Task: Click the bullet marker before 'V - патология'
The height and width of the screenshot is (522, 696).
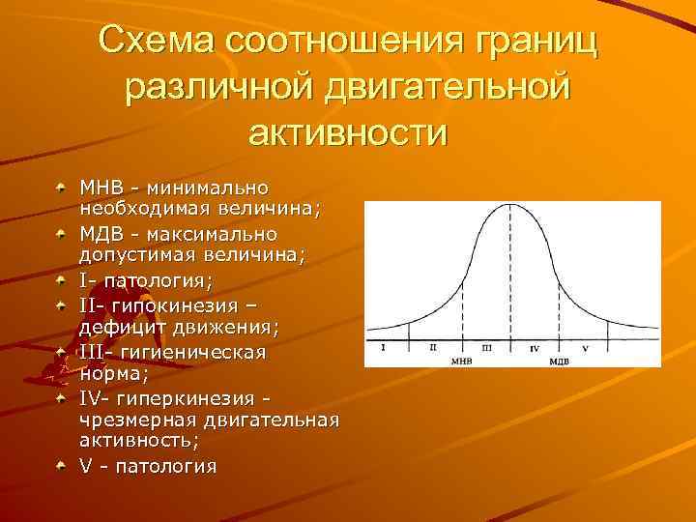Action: click(61, 465)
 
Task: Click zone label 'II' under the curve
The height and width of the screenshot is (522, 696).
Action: click(433, 346)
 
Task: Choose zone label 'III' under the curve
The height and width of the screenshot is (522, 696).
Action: click(486, 346)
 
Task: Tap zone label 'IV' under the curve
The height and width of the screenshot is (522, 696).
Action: click(535, 346)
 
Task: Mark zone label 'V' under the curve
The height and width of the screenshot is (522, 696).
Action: click(586, 346)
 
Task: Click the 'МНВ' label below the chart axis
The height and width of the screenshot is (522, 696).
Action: click(462, 360)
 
